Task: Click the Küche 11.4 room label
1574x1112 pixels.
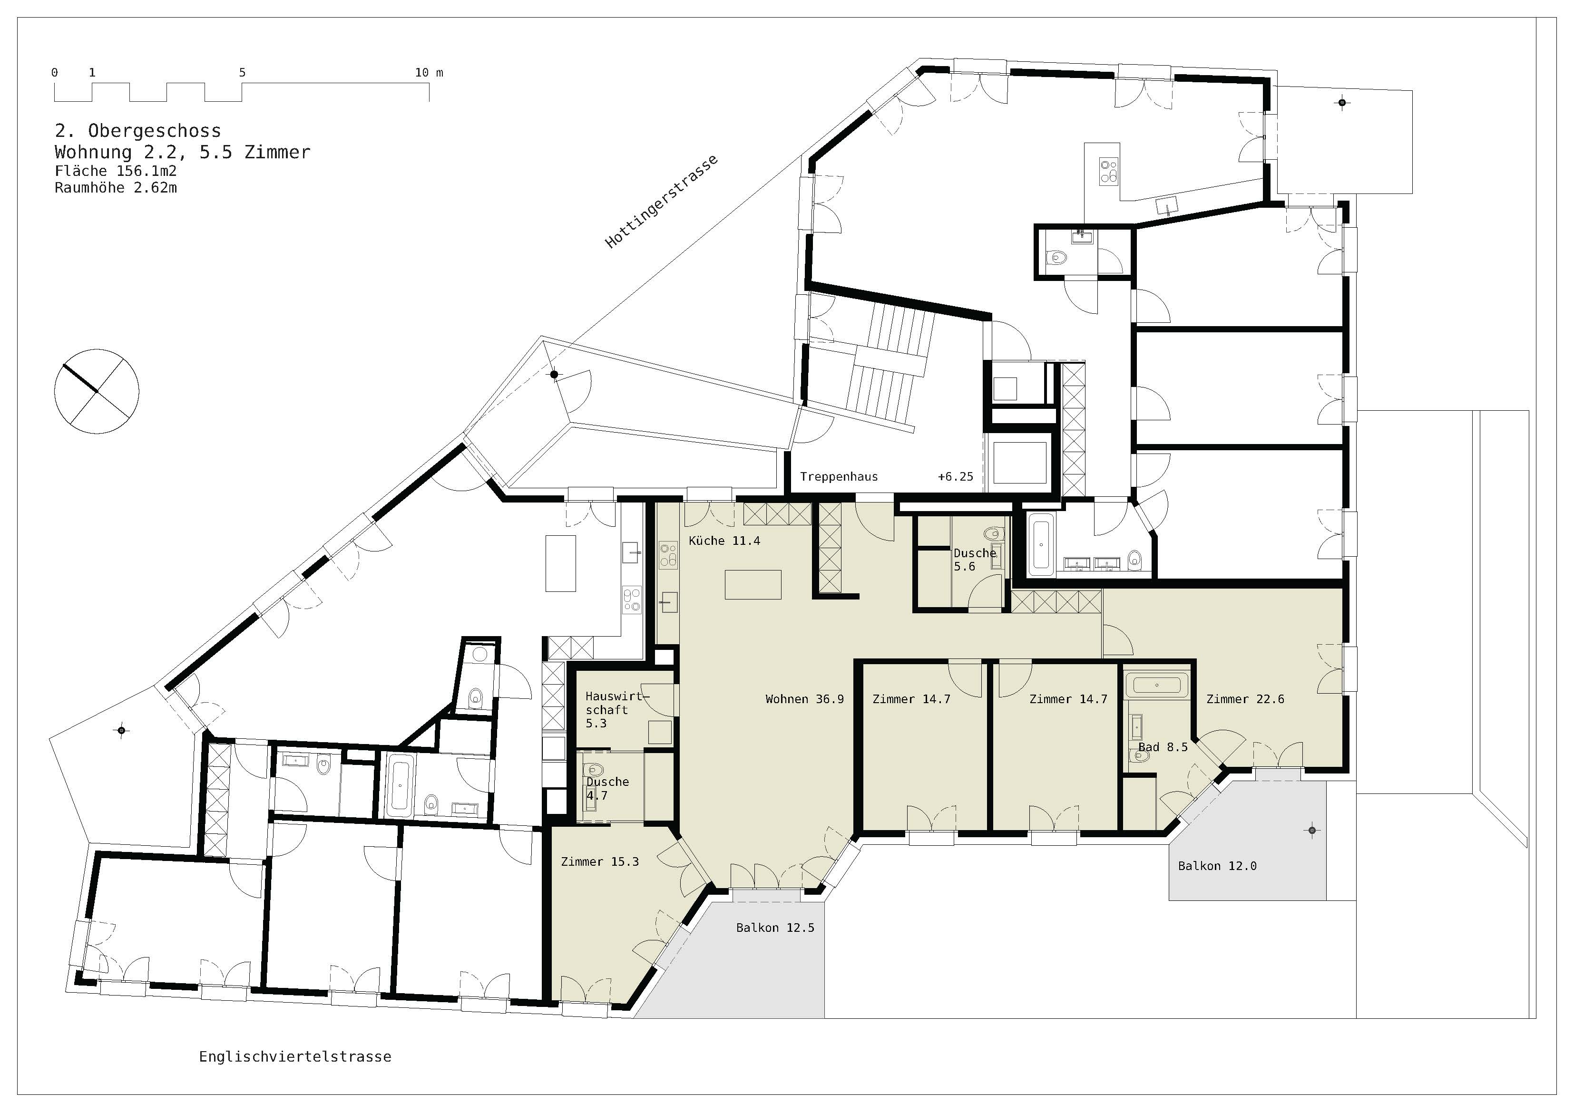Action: tap(724, 541)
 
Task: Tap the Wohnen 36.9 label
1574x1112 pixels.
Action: tap(804, 699)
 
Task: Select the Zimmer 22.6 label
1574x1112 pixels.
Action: tap(1245, 699)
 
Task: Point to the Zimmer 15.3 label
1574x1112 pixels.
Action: tap(599, 861)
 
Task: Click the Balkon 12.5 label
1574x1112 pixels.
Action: tap(775, 928)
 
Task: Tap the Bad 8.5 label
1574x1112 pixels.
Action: tap(1163, 747)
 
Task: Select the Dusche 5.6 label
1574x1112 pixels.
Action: tap(975, 559)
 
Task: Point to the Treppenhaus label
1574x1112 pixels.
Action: tap(839, 476)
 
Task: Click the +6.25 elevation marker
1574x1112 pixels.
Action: tap(955, 476)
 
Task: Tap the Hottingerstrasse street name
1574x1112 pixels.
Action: tap(662, 201)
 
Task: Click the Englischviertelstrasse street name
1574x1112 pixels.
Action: tap(295, 1056)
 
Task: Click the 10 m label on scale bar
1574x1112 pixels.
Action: tap(429, 72)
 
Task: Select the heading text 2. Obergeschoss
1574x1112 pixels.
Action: tap(138, 130)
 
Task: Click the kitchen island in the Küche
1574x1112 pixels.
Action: tap(753, 584)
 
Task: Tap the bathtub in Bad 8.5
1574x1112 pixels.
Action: tap(1156, 685)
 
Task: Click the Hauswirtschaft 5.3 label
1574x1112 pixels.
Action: tap(616, 709)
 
